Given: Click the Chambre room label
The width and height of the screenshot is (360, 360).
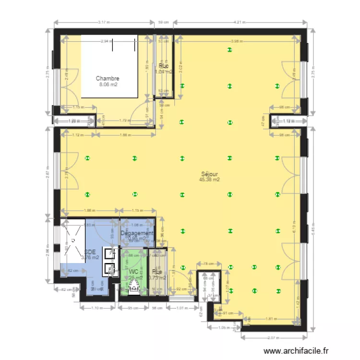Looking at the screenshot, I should (x=107, y=78).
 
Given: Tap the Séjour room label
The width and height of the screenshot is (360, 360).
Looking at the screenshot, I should (x=209, y=174).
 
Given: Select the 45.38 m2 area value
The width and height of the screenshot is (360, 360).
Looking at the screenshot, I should (x=209, y=180).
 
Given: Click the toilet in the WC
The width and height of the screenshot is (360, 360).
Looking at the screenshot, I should (x=134, y=287).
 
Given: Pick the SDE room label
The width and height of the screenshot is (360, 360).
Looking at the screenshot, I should (x=89, y=252).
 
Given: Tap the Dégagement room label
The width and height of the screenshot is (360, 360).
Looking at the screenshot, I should (x=137, y=233).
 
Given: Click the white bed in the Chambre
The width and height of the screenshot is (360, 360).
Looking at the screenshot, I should (x=109, y=65).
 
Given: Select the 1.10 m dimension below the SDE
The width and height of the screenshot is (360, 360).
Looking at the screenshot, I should (x=97, y=308).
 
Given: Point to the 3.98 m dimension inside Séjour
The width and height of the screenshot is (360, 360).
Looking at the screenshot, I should (x=235, y=41).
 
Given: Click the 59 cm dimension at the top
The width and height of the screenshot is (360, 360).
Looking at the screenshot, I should (x=163, y=22).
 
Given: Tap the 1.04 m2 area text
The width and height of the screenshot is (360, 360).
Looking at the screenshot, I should (x=163, y=72).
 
